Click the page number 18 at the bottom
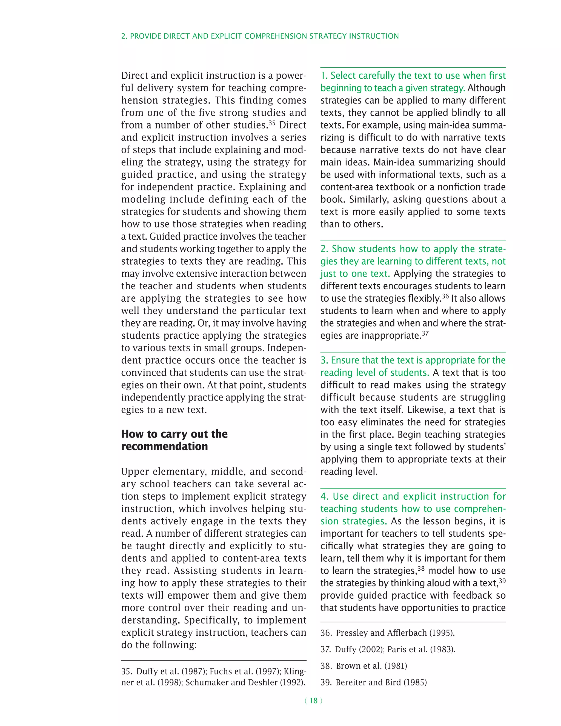(x=313, y=701)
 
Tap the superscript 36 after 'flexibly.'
(x=445, y=296)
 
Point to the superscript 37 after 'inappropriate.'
(x=425, y=333)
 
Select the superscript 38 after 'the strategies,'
(x=421, y=568)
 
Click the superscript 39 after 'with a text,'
(x=502, y=581)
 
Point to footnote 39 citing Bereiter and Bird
(x=373, y=682)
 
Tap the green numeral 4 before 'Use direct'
(x=324, y=496)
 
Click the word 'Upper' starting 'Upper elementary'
(x=134, y=472)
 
